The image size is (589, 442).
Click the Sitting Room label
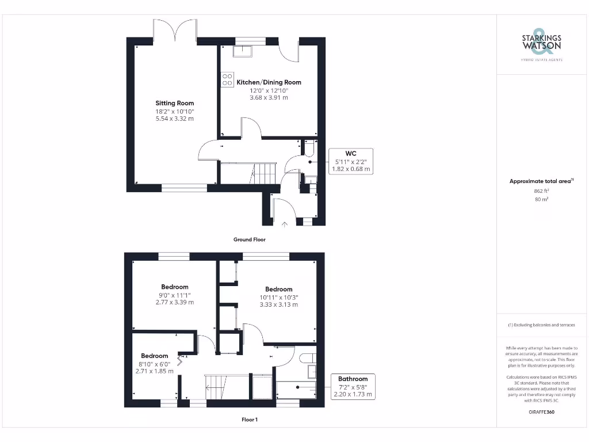click(x=174, y=103)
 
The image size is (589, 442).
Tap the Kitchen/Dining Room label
click(x=269, y=82)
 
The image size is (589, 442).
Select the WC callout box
click(x=350, y=161)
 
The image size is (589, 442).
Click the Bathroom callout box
click(x=353, y=386)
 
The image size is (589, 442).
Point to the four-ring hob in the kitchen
click(x=227, y=79)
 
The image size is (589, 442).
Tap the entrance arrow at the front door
click(x=284, y=223)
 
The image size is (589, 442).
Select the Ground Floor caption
click(x=249, y=239)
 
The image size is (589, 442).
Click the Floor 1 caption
click(x=249, y=420)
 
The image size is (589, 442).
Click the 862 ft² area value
click(x=541, y=190)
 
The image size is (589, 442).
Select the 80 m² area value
click(x=541, y=199)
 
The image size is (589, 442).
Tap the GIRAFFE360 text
click(x=541, y=412)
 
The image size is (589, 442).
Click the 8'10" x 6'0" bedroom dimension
click(x=154, y=364)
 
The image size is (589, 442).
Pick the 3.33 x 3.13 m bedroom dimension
click(x=278, y=304)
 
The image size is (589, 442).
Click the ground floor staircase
click(x=264, y=172)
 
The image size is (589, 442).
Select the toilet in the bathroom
click(x=308, y=357)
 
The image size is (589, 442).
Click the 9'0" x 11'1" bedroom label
click(x=174, y=295)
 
